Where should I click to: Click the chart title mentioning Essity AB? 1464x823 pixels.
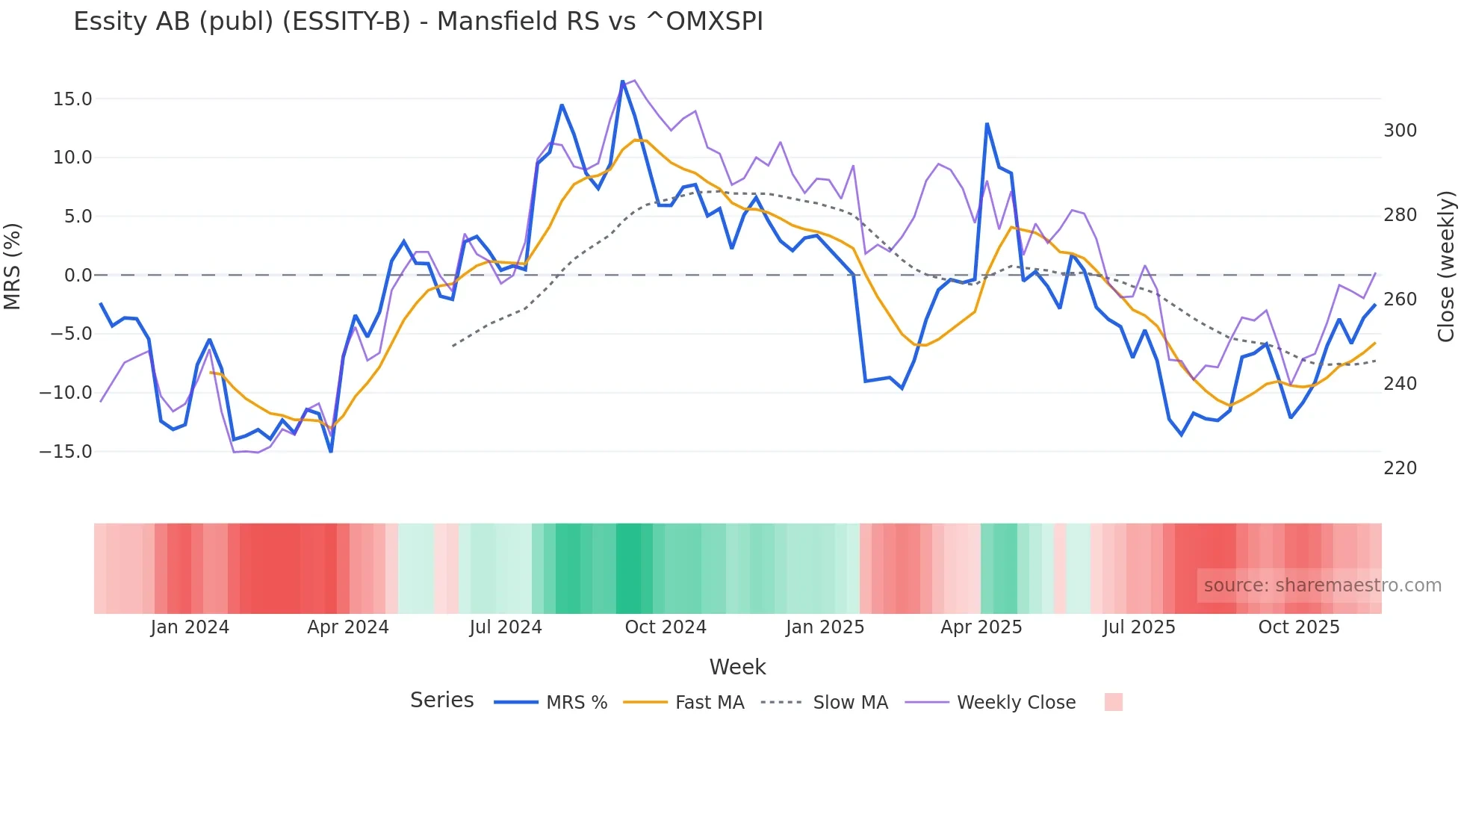coord(418,22)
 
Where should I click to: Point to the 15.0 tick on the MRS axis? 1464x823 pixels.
coord(72,99)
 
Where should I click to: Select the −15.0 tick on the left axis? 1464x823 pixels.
coord(66,452)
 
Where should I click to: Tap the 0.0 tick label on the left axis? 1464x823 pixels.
coord(78,276)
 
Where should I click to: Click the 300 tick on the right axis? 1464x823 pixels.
coord(1400,131)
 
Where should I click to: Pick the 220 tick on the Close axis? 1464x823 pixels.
coord(1400,468)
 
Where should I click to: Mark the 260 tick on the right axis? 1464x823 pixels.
coord(1400,299)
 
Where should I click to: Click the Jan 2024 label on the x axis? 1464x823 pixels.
coord(190,627)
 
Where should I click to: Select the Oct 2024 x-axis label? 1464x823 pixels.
coord(666,627)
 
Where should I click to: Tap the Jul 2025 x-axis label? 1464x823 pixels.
coord(1139,627)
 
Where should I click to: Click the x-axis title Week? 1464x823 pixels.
coord(737,667)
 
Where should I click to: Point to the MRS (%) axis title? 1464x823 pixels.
coord(13,266)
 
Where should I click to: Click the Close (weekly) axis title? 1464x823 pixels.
coord(1446,267)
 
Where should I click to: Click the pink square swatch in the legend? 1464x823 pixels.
coord(1113,702)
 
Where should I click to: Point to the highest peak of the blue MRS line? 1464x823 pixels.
coord(622,81)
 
